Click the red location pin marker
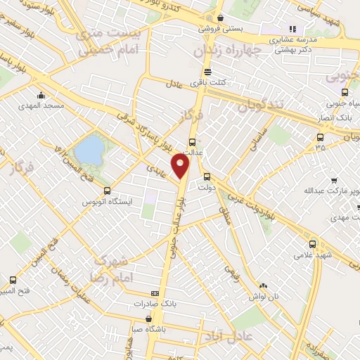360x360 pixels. pyautogui.click(x=181, y=166)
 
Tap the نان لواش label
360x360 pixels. pyautogui.click(x=262, y=297)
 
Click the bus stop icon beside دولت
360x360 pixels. pyautogui.click(x=207, y=176)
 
